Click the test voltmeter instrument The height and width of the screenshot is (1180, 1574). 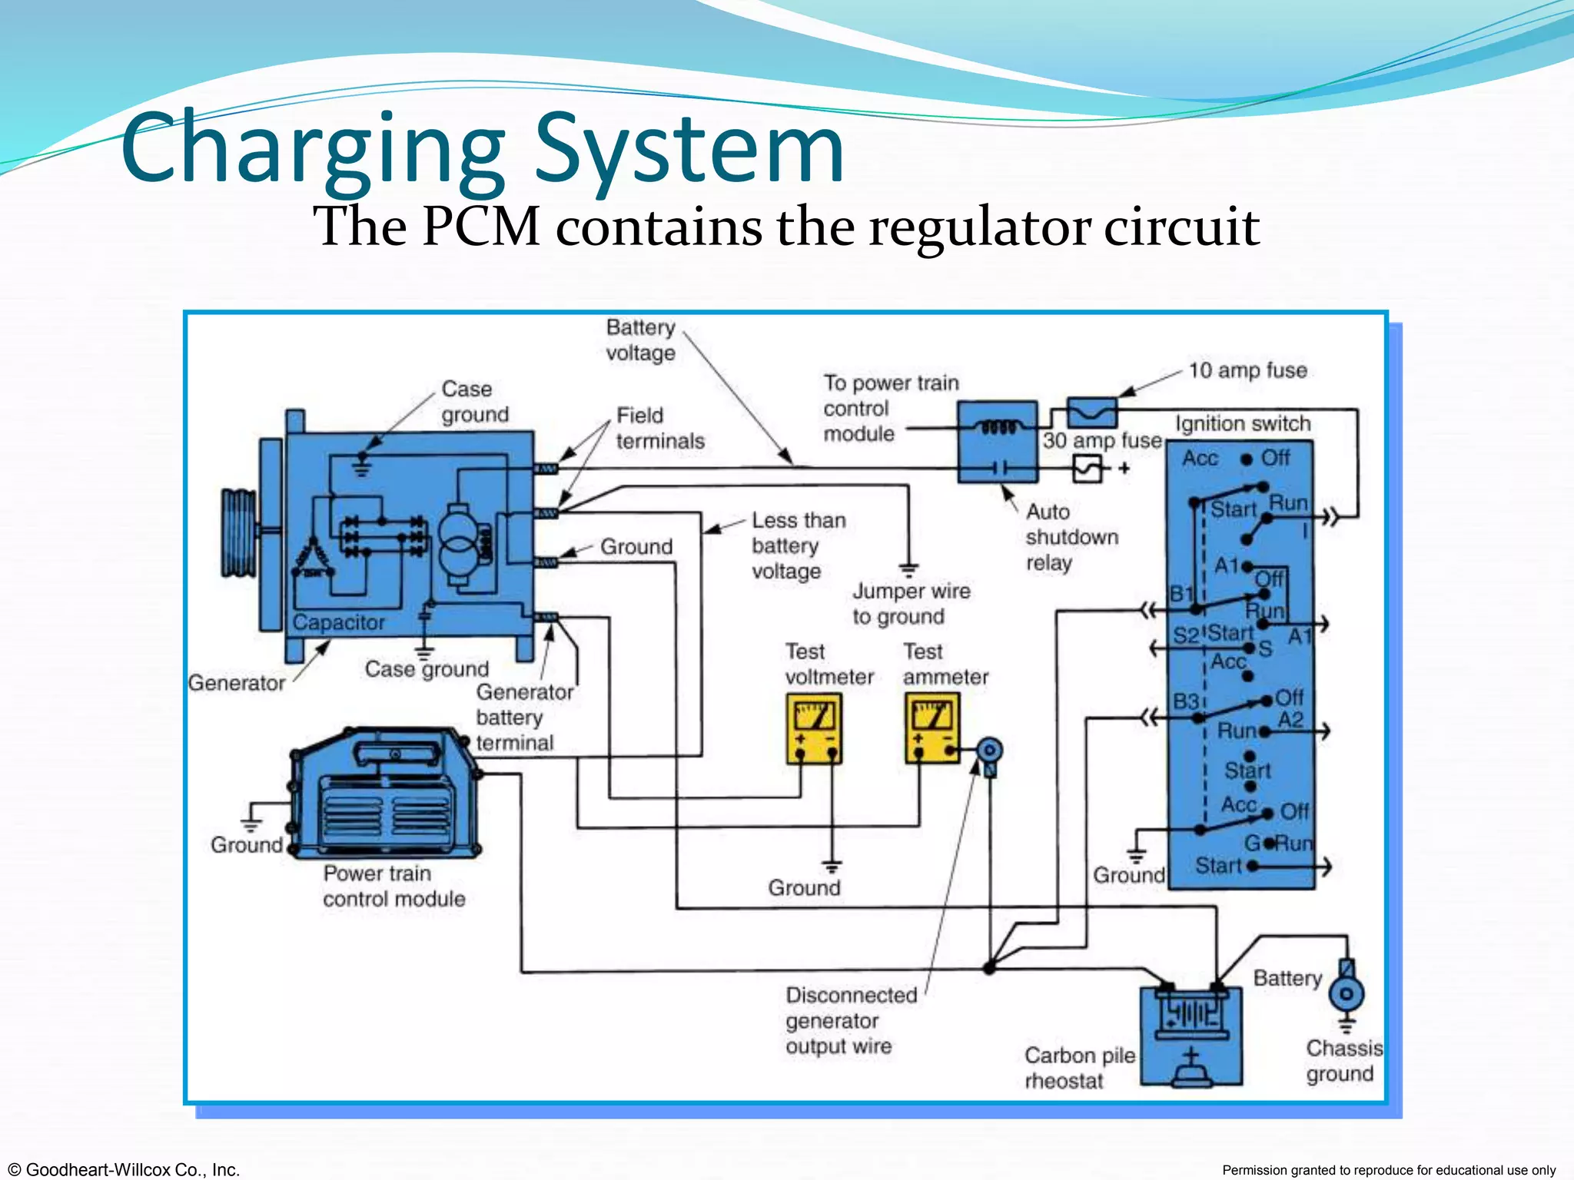[814, 728]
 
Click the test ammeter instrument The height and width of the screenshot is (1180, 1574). [932, 728]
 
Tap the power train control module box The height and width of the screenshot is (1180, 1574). [384, 795]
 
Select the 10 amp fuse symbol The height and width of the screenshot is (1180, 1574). [1092, 413]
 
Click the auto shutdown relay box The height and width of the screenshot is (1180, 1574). [998, 442]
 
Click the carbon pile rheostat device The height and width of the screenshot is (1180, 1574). [1190, 1037]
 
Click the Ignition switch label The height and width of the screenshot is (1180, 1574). [1242, 423]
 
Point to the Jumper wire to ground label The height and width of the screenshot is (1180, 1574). [910, 604]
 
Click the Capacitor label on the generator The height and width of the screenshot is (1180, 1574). [338, 622]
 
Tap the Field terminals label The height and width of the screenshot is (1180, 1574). [659, 428]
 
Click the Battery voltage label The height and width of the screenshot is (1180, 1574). [640, 340]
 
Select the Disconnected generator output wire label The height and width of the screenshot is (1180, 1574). [850, 1020]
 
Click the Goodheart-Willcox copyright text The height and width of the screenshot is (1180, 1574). [123, 1169]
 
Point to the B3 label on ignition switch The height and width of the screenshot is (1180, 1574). [1184, 701]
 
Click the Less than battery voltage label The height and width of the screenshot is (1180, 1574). [797, 545]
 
